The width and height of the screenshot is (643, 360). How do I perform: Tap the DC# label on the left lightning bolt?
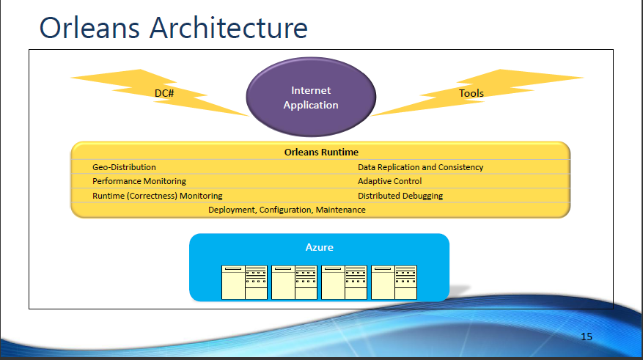(x=163, y=93)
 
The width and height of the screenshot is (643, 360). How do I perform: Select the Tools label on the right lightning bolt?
(x=471, y=93)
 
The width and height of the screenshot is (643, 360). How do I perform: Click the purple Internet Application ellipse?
(x=311, y=98)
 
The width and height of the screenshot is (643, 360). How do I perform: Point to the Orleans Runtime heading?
(x=321, y=153)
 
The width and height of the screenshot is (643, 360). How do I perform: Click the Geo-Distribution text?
(x=124, y=167)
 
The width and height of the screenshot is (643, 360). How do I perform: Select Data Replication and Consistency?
(x=420, y=167)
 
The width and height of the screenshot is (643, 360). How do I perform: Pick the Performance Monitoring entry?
(x=139, y=181)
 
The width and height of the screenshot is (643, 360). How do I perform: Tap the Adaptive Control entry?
(x=389, y=181)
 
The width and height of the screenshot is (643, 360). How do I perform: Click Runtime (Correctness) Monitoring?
(x=157, y=196)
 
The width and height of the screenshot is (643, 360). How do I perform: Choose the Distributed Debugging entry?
(x=400, y=196)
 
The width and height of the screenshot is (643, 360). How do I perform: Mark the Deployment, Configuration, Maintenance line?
(x=287, y=210)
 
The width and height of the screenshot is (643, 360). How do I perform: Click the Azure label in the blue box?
(x=319, y=248)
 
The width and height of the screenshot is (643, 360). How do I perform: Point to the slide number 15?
(x=586, y=337)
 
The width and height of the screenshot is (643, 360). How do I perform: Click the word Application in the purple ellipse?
(x=311, y=105)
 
